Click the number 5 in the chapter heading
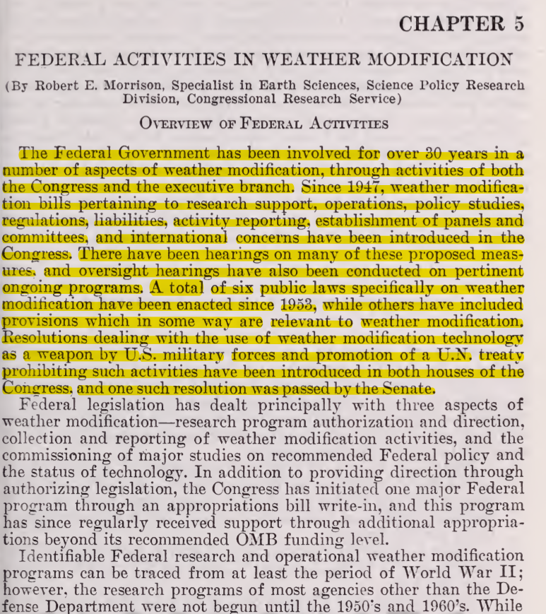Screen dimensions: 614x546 point(519,23)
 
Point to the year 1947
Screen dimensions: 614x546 point(361,187)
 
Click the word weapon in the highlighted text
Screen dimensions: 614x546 point(57,355)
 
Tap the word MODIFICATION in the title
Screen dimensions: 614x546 point(440,59)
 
